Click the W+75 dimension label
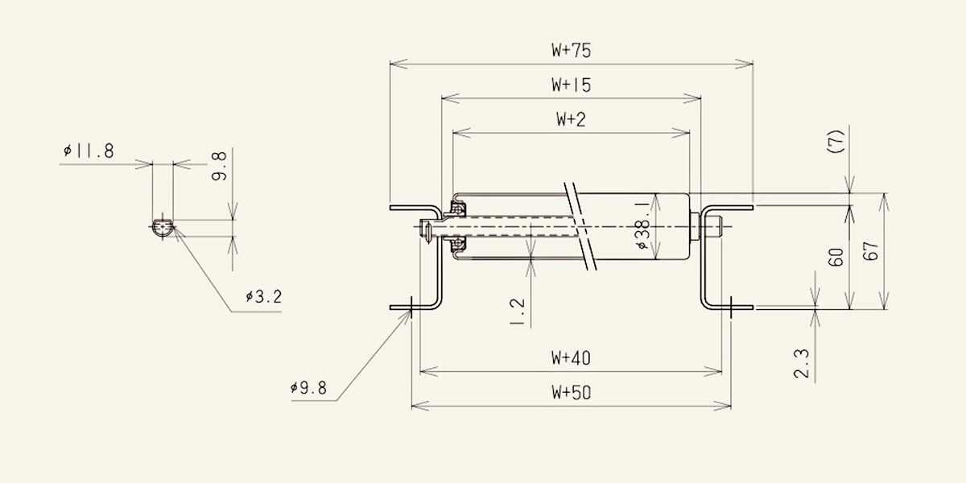pos(571,51)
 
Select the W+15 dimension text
pos(571,85)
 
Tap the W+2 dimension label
pos(571,119)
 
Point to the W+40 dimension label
pos(571,358)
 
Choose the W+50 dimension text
pos(571,393)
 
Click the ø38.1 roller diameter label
pos(642,225)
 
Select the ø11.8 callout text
pos(89,151)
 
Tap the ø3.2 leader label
pos(264,297)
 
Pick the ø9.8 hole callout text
pos(309,388)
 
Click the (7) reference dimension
pos(836,141)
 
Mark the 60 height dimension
pos(836,257)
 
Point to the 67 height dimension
pos(871,251)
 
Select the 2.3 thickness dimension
pos(802,364)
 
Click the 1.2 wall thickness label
pos(517,312)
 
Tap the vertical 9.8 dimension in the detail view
pos(219,166)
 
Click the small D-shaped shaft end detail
pos(163,227)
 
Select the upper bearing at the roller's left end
pos(457,209)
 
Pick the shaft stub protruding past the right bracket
pos(716,227)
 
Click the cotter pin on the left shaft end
pos(427,233)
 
